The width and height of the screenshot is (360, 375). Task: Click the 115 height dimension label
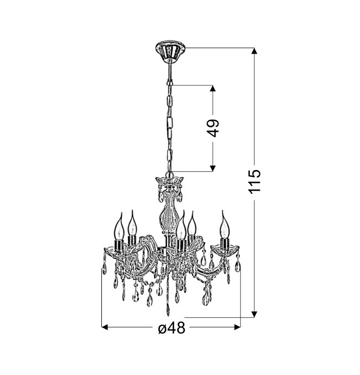tap(254, 182)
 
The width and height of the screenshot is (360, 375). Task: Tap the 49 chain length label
tap(213, 128)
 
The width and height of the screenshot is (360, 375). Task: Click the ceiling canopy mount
tap(171, 52)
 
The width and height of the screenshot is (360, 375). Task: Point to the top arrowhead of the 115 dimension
tap(254, 51)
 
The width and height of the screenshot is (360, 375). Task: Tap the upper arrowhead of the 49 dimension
tap(213, 88)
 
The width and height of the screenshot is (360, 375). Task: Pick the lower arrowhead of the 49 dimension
tap(213, 168)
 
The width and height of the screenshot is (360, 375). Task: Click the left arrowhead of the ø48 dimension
tap(105, 327)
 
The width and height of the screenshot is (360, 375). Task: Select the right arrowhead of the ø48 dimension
tap(237, 327)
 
